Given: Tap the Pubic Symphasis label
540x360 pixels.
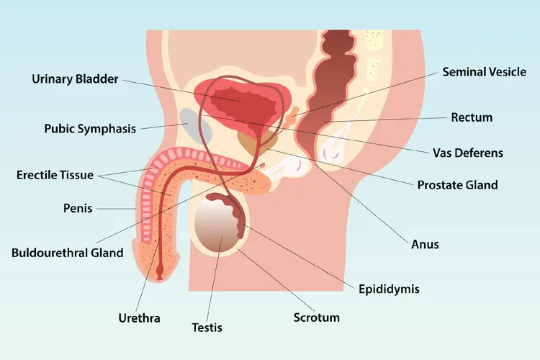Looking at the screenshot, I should click(89, 130).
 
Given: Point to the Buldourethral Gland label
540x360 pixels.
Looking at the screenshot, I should click(68, 253).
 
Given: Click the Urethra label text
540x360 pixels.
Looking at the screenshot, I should click(139, 317).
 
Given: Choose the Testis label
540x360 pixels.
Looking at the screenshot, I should click(207, 328).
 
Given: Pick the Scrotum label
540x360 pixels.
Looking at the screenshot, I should click(316, 317).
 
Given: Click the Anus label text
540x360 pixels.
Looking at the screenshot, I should click(426, 245).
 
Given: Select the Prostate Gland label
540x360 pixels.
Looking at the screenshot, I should click(457, 185).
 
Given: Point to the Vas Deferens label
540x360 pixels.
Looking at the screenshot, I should click(468, 153).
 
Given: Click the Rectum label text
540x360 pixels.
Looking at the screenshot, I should click(472, 117).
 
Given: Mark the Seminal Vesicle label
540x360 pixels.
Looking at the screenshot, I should click(484, 72).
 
